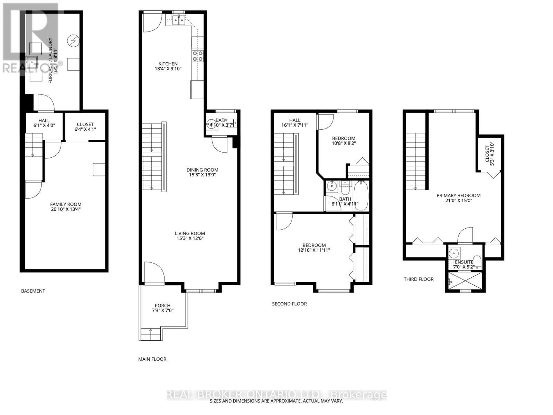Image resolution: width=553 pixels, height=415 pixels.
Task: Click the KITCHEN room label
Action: (x=168, y=64)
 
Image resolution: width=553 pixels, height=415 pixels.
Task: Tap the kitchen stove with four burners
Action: (x=198, y=56)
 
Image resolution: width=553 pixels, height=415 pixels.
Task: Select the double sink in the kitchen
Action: (x=179, y=21)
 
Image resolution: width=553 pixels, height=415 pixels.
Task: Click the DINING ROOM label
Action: (x=202, y=170)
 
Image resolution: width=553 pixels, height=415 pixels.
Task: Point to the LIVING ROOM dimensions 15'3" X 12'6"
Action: (x=190, y=238)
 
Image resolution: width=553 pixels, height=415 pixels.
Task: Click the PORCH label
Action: (x=162, y=305)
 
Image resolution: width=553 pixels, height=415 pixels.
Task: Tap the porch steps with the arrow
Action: (x=151, y=334)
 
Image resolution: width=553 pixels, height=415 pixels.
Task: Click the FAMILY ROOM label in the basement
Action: (x=66, y=204)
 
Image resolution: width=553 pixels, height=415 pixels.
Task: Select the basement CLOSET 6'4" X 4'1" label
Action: (x=85, y=127)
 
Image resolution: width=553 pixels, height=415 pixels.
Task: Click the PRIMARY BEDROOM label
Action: (x=458, y=195)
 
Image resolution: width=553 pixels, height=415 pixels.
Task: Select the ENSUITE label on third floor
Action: (x=464, y=262)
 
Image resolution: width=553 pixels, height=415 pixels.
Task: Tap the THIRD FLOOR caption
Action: (x=419, y=279)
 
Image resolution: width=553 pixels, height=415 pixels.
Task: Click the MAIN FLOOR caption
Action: (x=152, y=359)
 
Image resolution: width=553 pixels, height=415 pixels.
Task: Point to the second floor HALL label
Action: (x=294, y=120)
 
